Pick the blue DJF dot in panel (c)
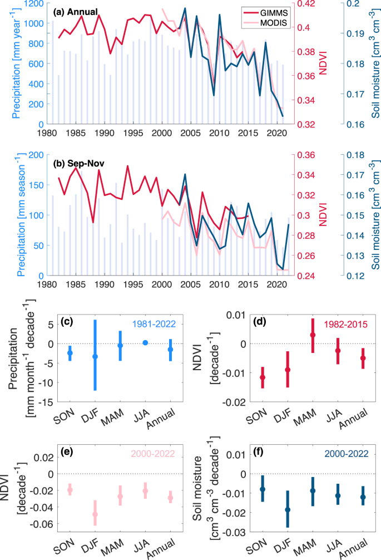(95, 356)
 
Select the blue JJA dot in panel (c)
(145, 343)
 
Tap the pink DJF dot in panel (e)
(95, 514)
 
